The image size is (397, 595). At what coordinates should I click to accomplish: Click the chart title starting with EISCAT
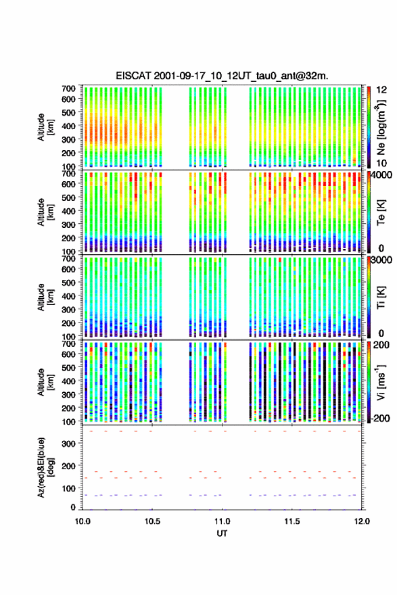(x=222, y=76)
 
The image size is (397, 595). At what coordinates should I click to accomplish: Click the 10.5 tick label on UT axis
(x=152, y=521)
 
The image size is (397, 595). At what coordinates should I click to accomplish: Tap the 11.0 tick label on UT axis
(x=222, y=521)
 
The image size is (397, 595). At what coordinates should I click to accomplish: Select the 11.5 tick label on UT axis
(x=292, y=521)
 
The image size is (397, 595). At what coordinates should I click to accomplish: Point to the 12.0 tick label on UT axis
(x=362, y=521)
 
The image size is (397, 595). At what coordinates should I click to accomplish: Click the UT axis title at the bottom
(x=222, y=533)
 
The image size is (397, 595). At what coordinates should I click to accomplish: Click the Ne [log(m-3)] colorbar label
(x=381, y=127)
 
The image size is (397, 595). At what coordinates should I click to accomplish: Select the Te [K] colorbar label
(x=381, y=212)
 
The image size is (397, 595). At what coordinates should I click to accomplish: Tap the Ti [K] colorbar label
(x=381, y=297)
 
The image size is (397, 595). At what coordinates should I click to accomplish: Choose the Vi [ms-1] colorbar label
(x=381, y=382)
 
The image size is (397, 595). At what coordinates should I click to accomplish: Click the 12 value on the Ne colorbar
(x=381, y=90)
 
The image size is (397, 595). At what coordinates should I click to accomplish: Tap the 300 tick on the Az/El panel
(x=69, y=444)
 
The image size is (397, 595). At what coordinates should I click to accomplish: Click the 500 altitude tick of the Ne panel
(x=69, y=112)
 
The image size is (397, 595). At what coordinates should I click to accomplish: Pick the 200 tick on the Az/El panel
(x=69, y=466)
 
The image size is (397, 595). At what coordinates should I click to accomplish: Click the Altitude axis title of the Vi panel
(x=45, y=382)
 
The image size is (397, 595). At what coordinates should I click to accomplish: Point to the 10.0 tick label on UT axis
(x=83, y=521)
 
